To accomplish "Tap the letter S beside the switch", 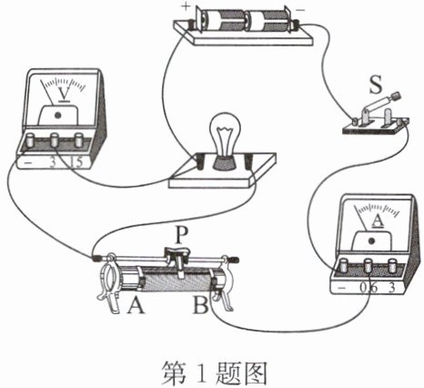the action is tap(376, 85).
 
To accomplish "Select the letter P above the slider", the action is tap(180, 235).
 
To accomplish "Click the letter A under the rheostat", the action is tap(136, 304).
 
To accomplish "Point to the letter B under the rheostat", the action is tap(200, 304).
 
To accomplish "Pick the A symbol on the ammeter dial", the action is tap(378, 220).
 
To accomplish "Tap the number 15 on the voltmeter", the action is tap(76, 162).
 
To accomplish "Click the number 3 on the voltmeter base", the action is tap(53, 163).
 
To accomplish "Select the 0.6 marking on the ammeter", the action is tap(368, 287).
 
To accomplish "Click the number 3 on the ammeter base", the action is tap(392, 287).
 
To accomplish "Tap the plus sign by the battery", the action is tap(186, 5).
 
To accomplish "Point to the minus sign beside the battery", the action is tap(300, 10).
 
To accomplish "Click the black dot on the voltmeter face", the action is tap(57, 116).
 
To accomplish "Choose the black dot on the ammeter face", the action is tap(371, 241).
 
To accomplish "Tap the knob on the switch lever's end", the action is tap(397, 96).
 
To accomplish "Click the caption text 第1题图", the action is tap(214, 373).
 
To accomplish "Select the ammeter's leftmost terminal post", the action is tap(344, 265).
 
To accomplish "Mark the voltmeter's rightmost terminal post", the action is tap(78, 139).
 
